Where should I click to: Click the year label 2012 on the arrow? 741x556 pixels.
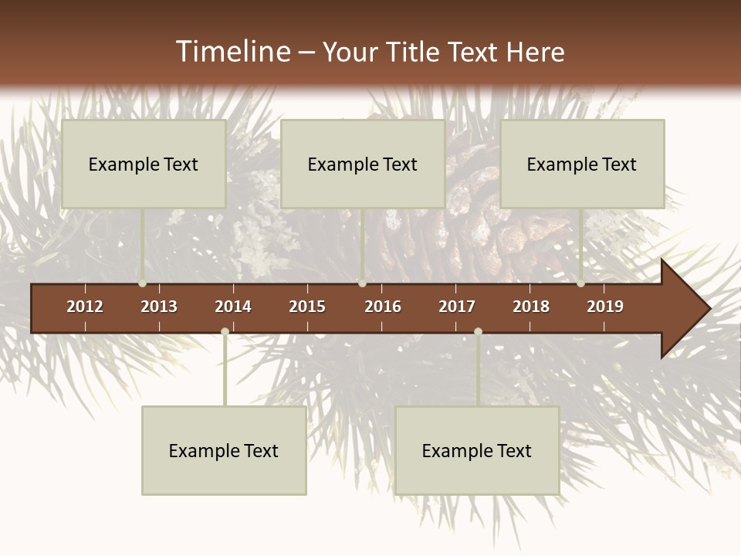[x=85, y=307]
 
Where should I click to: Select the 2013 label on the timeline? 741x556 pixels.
[x=159, y=307]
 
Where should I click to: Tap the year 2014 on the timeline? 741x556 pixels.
[x=233, y=307]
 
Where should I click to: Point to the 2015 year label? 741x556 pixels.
[x=307, y=307]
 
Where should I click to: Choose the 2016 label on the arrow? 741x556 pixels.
[x=383, y=307]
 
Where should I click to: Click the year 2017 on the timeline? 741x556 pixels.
[x=457, y=307]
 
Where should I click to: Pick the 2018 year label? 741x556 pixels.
[x=531, y=307]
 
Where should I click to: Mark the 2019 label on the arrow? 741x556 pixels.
[x=605, y=307]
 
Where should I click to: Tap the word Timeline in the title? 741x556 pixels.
[x=232, y=52]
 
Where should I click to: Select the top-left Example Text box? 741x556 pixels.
[x=144, y=164]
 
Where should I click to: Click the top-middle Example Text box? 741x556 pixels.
[x=363, y=164]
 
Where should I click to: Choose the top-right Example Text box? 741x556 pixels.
[x=582, y=164]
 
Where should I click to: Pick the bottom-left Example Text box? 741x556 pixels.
[x=224, y=450]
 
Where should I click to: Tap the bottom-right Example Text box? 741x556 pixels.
[x=477, y=450]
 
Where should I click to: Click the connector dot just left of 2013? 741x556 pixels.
[x=143, y=283]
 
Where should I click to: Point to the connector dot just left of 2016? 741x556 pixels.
[x=362, y=283]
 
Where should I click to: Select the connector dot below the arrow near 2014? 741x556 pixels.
[x=225, y=331]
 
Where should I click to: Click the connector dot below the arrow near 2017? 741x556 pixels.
[x=478, y=331]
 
